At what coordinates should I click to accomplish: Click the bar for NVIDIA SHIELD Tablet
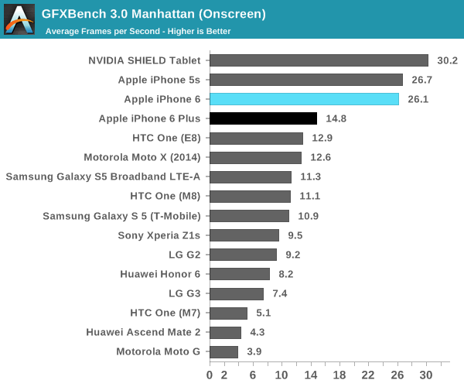[319, 60]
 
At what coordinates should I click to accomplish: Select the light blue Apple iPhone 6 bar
[304, 99]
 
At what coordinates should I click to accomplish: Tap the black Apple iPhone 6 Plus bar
[263, 118]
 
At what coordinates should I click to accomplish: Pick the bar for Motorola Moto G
[223, 352]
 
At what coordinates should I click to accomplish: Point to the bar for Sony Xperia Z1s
[244, 235]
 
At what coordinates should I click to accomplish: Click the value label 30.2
[448, 60]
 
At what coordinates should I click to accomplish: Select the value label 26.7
[422, 80]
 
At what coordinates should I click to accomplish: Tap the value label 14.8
[336, 118]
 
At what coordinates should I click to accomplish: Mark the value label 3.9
[254, 352]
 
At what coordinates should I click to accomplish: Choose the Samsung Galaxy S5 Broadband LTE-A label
[103, 176]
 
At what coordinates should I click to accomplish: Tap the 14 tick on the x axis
[311, 375]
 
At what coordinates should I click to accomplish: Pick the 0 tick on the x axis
[210, 375]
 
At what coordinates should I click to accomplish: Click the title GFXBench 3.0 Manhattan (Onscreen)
[154, 14]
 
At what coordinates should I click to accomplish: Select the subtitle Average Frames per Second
[138, 32]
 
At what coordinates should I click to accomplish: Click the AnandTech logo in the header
[19, 19]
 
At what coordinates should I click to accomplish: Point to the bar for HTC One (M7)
[228, 313]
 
